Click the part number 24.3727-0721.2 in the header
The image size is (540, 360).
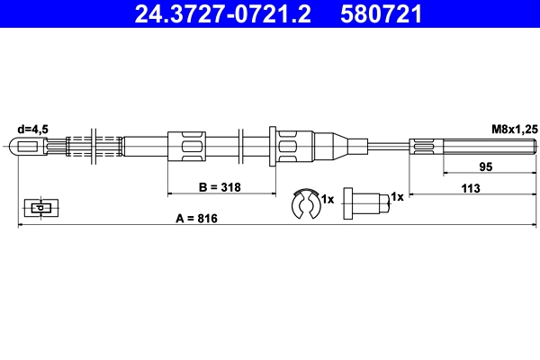coord(222,13)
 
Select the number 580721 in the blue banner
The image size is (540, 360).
coord(381,13)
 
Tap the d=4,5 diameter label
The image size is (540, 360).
coord(33,130)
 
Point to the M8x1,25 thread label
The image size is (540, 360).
coord(515,130)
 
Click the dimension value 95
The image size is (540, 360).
coord(486,166)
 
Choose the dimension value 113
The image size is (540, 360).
coord(471,188)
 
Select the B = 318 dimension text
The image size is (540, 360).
coord(220,187)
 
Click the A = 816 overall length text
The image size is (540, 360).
coord(196,219)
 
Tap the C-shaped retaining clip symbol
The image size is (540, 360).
coord(305,203)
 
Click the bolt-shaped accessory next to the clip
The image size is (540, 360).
coord(367,203)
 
